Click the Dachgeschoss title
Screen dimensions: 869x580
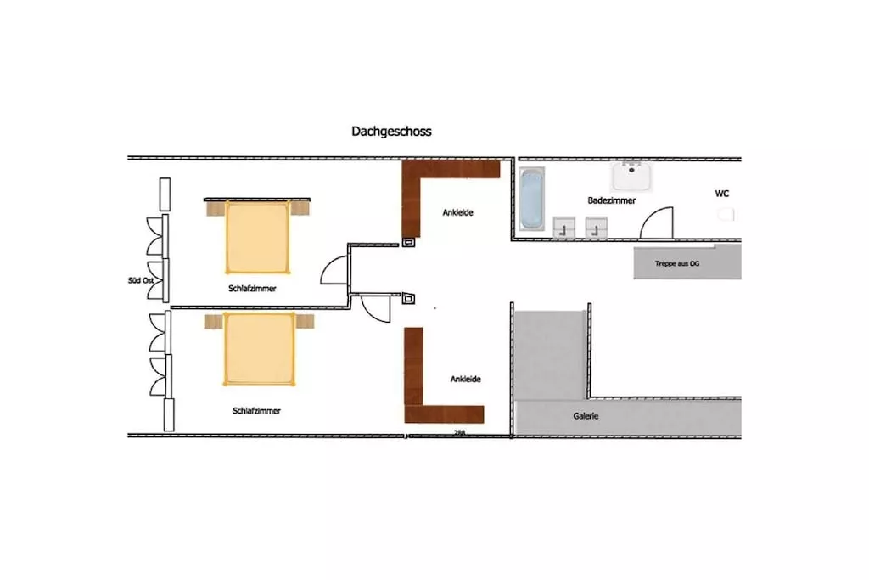(x=391, y=132)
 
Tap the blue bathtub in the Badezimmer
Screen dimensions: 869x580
(x=531, y=199)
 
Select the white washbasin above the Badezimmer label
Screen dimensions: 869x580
(x=631, y=176)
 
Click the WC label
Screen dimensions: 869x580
(x=721, y=194)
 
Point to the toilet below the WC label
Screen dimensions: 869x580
(x=726, y=214)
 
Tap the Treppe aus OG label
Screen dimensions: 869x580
(x=676, y=263)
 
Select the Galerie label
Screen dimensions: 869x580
(x=586, y=416)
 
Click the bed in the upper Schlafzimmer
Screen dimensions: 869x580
(x=258, y=237)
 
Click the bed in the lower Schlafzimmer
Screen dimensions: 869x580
(x=259, y=349)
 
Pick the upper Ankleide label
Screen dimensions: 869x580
(x=457, y=212)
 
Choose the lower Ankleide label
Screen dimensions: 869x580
(x=466, y=380)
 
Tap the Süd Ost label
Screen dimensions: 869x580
(x=141, y=280)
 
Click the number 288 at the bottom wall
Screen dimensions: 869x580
(x=459, y=432)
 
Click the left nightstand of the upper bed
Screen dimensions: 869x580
(x=216, y=209)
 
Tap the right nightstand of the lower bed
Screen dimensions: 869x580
(x=305, y=321)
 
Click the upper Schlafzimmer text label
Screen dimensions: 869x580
(x=252, y=289)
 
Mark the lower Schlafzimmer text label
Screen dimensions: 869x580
(x=256, y=411)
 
